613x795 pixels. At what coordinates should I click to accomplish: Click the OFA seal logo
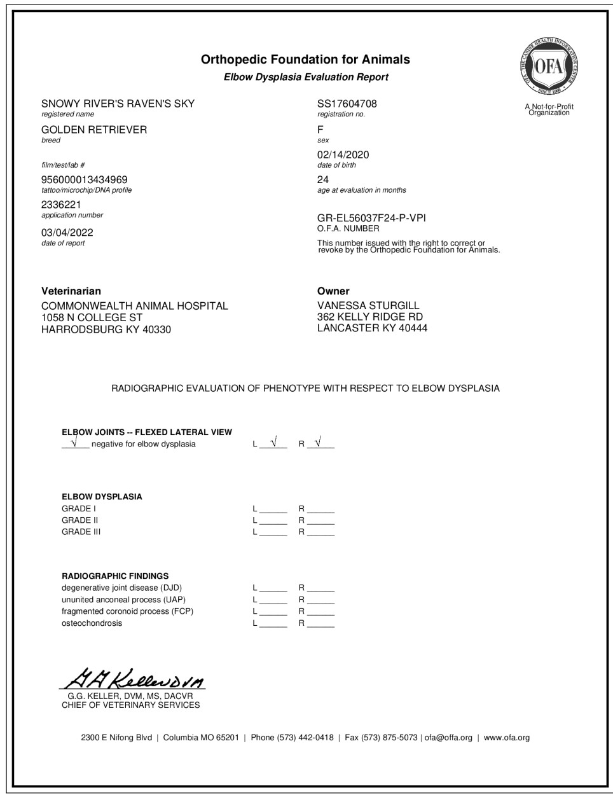coord(549,65)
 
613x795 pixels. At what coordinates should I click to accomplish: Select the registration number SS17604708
coord(347,104)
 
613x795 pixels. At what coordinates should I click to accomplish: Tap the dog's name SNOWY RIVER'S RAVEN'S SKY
coord(118,104)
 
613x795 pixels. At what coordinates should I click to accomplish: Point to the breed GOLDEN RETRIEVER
coord(94,130)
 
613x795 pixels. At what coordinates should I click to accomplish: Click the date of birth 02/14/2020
coord(343,155)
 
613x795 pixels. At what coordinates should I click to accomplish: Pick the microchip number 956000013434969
coord(85,180)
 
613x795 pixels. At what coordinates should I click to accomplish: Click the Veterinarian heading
coord(71,291)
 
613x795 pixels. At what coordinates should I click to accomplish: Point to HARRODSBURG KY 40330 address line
coord(106,329)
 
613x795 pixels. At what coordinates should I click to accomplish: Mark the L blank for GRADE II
coord(273,520)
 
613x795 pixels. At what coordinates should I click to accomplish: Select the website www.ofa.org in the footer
coord(506,738)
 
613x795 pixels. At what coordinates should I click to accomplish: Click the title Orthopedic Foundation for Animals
coord(305,60)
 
